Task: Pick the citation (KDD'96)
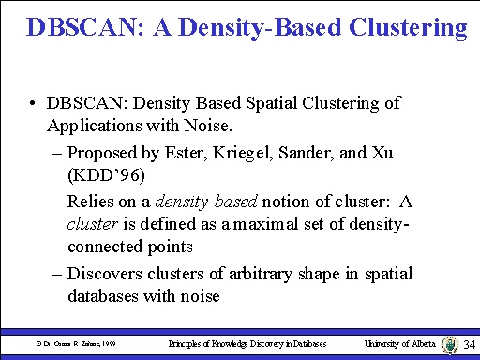click(105, 174)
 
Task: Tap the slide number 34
click(469, 346)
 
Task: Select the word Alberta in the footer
click(419, 345)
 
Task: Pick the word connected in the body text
click(113, 247)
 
